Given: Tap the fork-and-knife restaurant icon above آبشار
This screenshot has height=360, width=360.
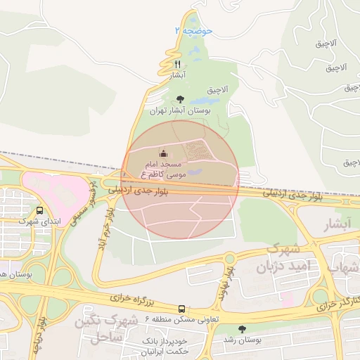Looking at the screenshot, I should (x=177, y=63).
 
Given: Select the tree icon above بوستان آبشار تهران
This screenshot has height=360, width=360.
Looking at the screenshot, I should (x=180, y=99).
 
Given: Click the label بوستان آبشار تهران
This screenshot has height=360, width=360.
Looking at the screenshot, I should (x=180, y=110).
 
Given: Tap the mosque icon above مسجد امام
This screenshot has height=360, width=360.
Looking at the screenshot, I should (x=163, y=153).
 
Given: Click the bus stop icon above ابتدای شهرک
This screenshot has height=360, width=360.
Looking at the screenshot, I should (x=39, y=210).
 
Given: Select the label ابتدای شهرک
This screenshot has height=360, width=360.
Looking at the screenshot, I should (x=39, y=221).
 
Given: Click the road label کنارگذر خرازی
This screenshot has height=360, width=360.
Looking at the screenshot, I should (x=335, y=304).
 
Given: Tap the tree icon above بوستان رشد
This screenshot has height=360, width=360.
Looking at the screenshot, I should (x=243, y=328).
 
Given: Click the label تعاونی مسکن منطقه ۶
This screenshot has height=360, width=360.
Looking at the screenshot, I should (x=182, y=319).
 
